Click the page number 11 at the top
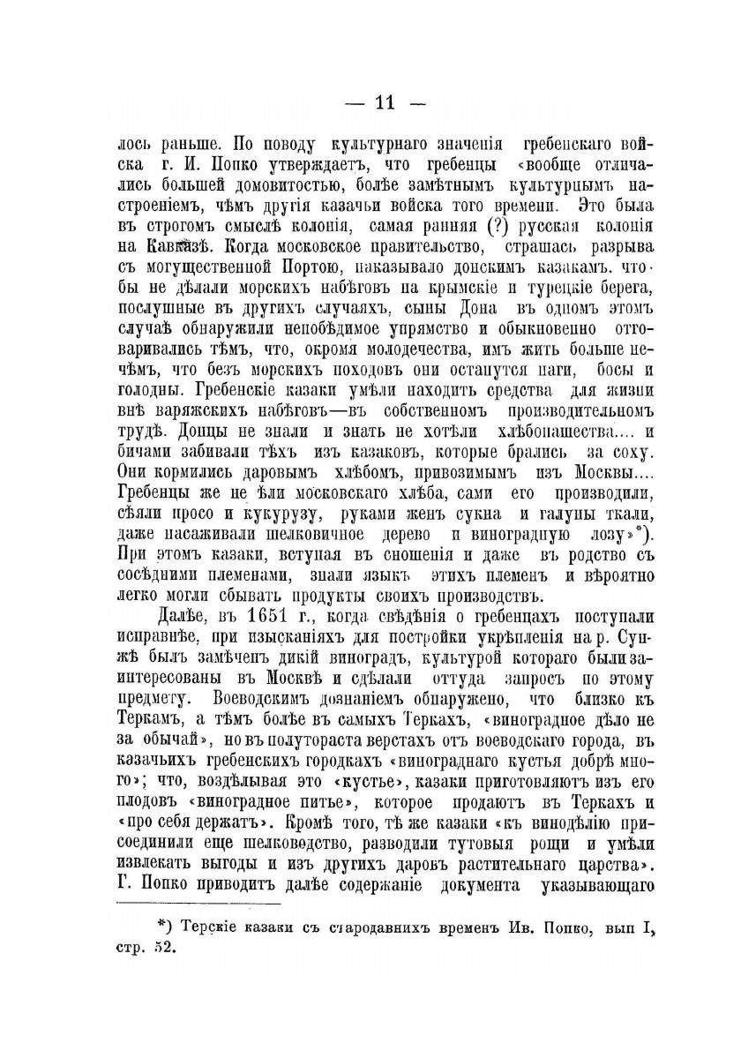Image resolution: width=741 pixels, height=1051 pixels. [x=371, y=103]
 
